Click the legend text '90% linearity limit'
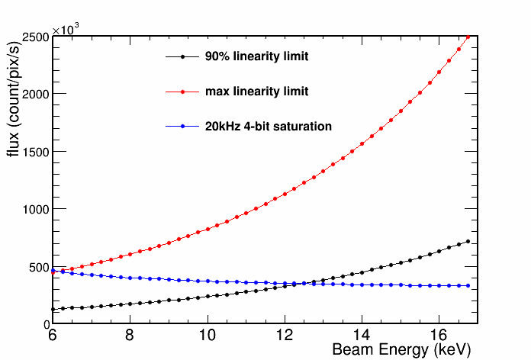[x=256, y=56]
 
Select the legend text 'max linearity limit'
[x=256, y=92]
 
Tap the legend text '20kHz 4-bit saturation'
[x=269, y=127]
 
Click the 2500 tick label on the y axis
[x=33, y=36]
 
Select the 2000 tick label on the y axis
[x=33, y=94]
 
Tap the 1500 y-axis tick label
[x=33, y=152]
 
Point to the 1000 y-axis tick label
[x=33, y=209]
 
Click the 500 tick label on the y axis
[x=36, y=267]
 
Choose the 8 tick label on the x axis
[x=130, y=336]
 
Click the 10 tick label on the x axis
[x=207, y=336]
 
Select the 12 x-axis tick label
[x=285, y=336]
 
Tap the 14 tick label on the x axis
[x=362, y=336]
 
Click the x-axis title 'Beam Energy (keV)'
[x=401, y=350]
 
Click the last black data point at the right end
[x=468, y=241]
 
